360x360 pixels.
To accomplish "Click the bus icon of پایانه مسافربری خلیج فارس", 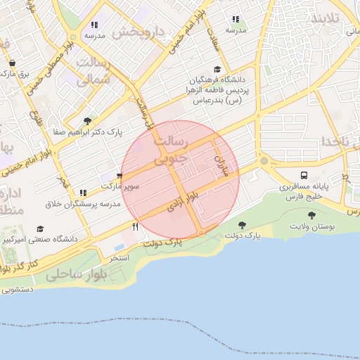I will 304,175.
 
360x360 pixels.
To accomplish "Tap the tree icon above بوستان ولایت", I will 311,216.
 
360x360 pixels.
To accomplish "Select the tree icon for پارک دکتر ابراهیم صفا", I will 86,120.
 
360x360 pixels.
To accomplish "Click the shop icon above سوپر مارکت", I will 119,176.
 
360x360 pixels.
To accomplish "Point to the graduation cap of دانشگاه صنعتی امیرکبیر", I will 40,229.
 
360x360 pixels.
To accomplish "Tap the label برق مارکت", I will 14,73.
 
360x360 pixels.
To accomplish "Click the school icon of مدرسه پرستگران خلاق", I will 83,192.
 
